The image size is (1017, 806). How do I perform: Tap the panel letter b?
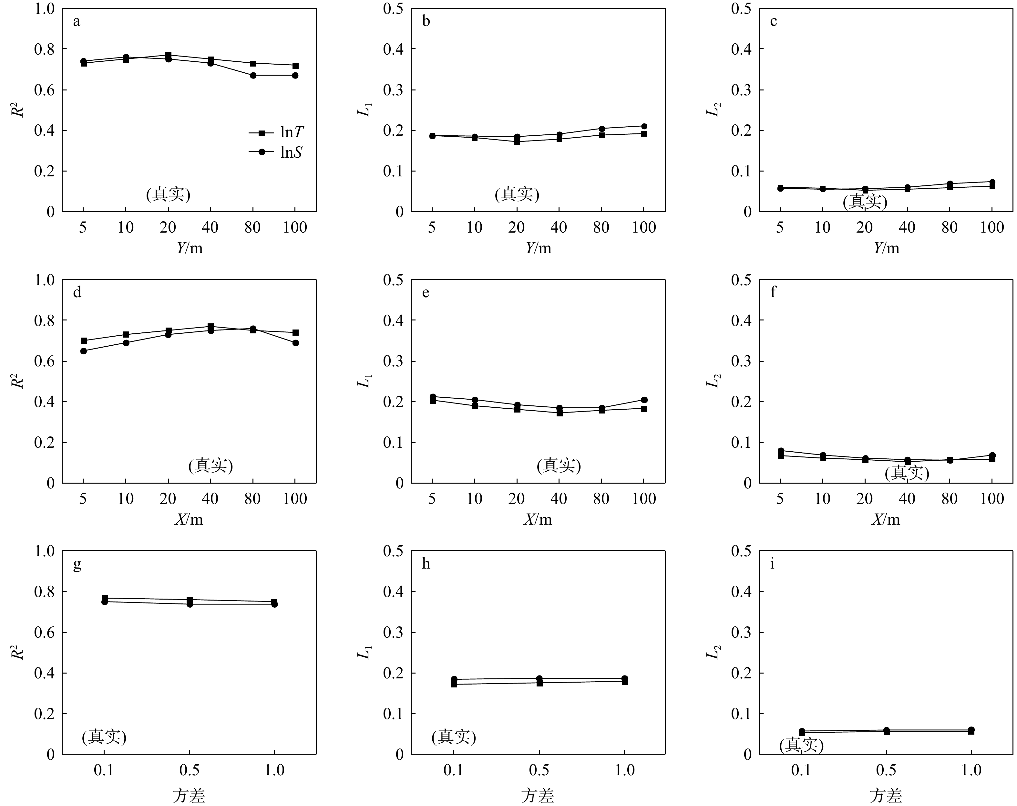(x=426, y=22)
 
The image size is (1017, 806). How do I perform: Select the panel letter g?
(x=77, y=564)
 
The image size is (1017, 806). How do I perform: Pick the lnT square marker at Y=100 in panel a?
(x=295, y=66)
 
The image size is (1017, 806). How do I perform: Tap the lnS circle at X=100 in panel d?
(x=295, y=343)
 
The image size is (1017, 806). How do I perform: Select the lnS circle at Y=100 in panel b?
(x=644, y=126)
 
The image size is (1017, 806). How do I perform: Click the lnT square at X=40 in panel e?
(x=559, y=413)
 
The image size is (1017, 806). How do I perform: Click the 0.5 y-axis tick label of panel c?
(x=741, y=8)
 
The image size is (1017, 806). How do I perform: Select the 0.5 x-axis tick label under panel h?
(x=539, y=770)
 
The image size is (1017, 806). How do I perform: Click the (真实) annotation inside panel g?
(x=104, y=737)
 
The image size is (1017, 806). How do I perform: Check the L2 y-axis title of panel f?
(x=714, y=381)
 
